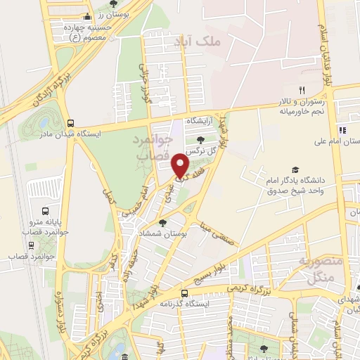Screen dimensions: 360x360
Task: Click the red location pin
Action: pos(181,165)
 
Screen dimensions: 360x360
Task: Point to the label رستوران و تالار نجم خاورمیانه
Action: pos(302,106)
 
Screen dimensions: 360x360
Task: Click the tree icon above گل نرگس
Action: pos(202,140)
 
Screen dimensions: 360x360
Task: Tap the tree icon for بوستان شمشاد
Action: pos(162,223)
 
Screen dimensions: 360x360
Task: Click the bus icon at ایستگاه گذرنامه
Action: pos(184,293)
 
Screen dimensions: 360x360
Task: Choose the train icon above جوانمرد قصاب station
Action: pos(31,245)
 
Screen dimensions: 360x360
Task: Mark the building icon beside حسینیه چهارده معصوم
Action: pos(86,17)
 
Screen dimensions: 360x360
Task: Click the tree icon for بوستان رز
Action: pos(113,4)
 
